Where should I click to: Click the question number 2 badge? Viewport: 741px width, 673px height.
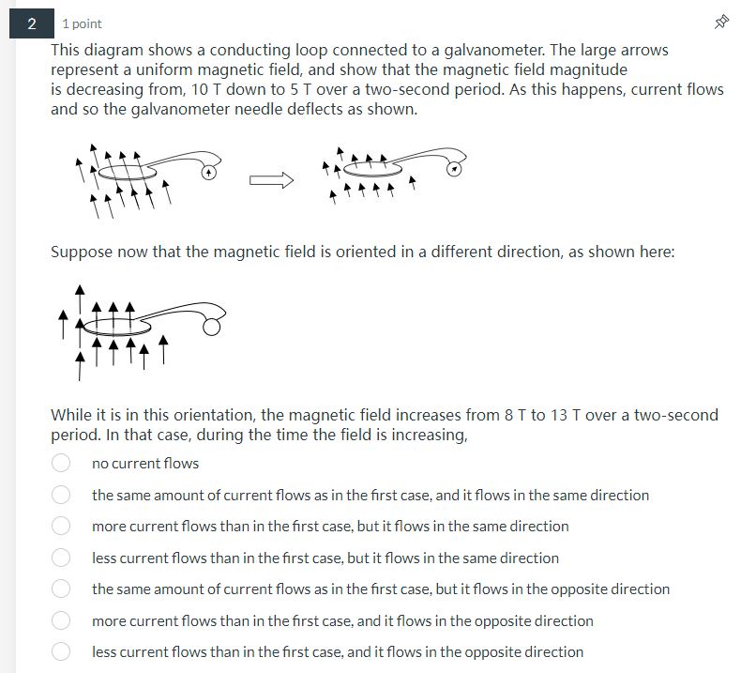tap(32, 23)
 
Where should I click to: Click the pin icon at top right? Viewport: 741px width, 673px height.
tap(721, 23)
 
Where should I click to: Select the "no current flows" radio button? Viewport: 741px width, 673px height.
tap(61, 463)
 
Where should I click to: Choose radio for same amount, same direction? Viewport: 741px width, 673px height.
tap(61, 495)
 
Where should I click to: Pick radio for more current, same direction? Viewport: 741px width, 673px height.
tap(61, 526)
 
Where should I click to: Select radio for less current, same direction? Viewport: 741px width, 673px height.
tap(61, 558)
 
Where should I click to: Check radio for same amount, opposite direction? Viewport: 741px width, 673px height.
tap(61, 589)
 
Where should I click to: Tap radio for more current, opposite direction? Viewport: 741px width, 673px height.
tap(61, 620)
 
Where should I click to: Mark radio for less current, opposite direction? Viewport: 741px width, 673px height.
tap(61, 651)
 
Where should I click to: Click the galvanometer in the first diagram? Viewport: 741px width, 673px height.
tap(210, 172)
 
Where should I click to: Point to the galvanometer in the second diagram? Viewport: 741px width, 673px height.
tap(454, 169)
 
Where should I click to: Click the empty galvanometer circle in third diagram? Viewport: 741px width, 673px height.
tap(213, 326)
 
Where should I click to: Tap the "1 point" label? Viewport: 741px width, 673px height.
tap(83, 23)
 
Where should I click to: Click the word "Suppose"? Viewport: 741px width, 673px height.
tap(82, 252)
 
